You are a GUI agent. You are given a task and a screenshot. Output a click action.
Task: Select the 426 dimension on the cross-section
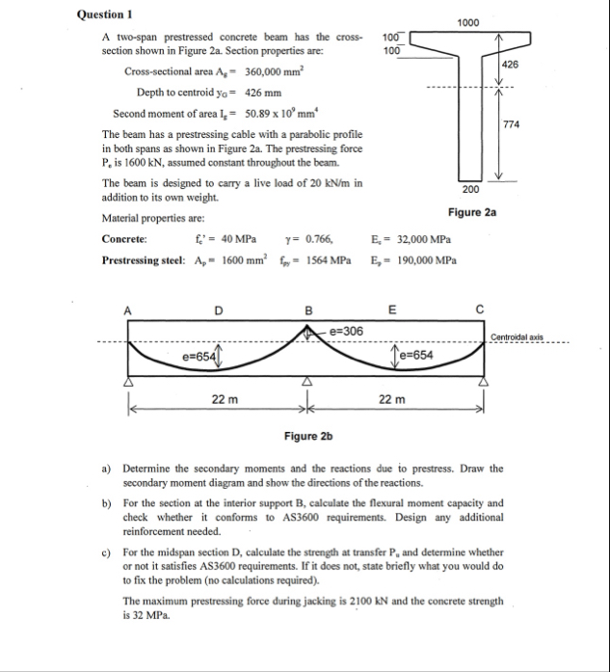[x=511, y=64]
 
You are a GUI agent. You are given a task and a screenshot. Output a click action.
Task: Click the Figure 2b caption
[x=307, y=437]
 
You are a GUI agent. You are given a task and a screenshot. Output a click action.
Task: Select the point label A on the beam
[x=124, y=310]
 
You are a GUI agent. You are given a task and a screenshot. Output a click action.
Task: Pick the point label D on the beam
[x=219, y=310]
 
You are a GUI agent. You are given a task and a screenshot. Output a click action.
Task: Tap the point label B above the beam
[x=308, y=310]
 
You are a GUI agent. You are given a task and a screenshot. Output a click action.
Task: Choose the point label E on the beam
[x=391, y=310]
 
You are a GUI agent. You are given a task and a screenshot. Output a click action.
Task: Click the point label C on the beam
[x=479, y=310]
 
